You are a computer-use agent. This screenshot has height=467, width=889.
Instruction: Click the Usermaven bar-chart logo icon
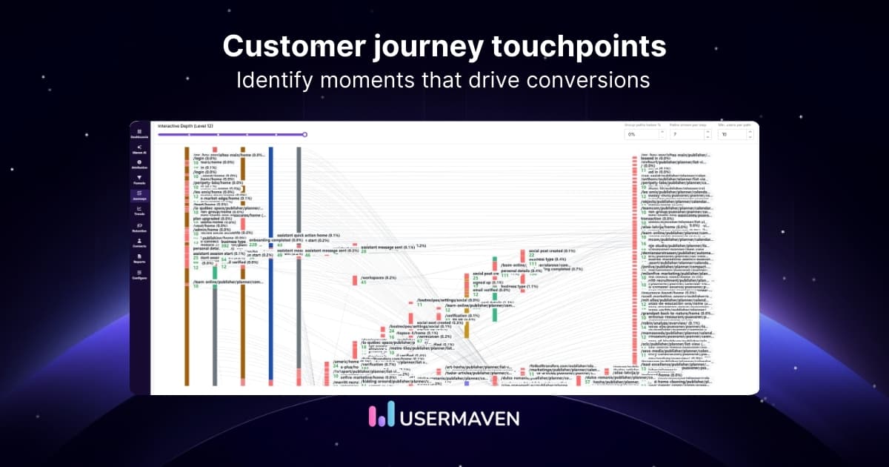[381, 417]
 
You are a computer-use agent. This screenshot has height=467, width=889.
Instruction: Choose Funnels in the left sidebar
[139, 179]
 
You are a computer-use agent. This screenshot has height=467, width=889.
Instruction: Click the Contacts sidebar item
[139, 243]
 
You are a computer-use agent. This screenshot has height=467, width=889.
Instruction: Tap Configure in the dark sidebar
[139, 276]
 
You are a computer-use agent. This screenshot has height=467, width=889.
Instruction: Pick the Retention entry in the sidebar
[139, 227]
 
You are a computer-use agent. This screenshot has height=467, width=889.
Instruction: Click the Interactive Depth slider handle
[304, 134]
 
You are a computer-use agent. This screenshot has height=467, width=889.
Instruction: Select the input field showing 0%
[639, 135]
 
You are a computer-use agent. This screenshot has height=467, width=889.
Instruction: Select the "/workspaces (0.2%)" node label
[379, 277]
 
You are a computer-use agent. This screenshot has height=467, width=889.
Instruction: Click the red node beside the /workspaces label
[355, 279]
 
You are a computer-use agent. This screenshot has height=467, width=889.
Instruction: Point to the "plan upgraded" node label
[208, 219]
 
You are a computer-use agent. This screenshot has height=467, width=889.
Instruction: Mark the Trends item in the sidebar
[139, 211]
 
